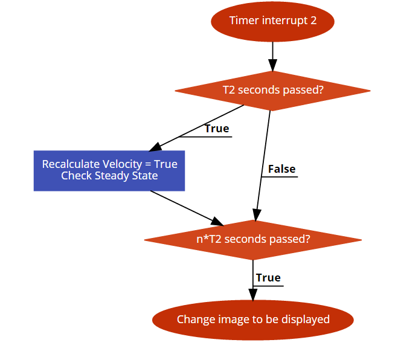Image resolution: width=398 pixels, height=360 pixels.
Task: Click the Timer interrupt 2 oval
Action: (272, 21)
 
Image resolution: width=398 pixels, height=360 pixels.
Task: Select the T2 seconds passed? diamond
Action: (272, 91)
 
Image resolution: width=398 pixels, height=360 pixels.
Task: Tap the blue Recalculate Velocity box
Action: (109, 170)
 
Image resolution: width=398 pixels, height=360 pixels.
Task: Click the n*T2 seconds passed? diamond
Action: (253, 239)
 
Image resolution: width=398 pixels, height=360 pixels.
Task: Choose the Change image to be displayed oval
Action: (253, 320)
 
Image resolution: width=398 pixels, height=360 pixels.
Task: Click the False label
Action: (281, 169)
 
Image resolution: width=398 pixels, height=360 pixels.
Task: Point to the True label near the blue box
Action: (217, 129)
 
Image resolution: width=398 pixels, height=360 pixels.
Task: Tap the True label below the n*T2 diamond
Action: (268, 278)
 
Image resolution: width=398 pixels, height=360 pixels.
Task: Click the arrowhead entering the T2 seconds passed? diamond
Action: (272, 66)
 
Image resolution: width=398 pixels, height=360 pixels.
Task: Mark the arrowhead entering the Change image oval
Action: (253, 294)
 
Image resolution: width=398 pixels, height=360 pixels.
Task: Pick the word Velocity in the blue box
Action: (121, 164)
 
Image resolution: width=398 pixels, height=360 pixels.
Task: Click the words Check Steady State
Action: (109, 176)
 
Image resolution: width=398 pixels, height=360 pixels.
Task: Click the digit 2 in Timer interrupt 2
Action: (313, 21)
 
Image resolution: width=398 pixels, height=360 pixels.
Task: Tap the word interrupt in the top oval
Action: (284, 21)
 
